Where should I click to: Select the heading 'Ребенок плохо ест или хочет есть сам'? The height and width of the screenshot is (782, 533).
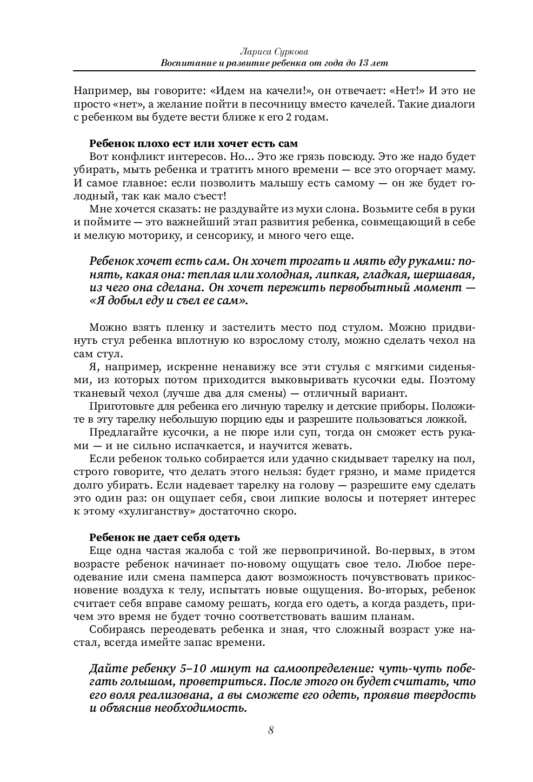[193, 144]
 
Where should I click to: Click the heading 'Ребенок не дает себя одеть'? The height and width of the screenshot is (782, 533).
[164, 538]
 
